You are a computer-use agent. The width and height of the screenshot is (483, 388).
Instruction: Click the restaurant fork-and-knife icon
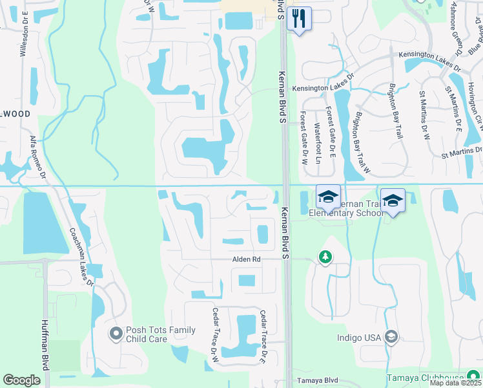pos(298,17)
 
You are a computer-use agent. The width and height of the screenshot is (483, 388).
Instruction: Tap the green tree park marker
pos(325,258)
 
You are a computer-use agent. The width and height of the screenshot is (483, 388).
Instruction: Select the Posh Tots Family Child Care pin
pos(116,334)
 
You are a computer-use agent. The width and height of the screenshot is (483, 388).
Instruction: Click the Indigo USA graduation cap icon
pos(391,337)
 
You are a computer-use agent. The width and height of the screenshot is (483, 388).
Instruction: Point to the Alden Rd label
pos(247,259)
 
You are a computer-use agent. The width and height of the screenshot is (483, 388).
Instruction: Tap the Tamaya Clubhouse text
pos(425,378)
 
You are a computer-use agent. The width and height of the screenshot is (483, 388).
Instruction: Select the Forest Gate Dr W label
pos(303,138)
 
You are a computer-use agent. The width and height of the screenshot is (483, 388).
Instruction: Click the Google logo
pos(21,380)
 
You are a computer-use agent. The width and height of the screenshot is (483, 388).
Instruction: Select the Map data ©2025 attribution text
pos(456,383)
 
